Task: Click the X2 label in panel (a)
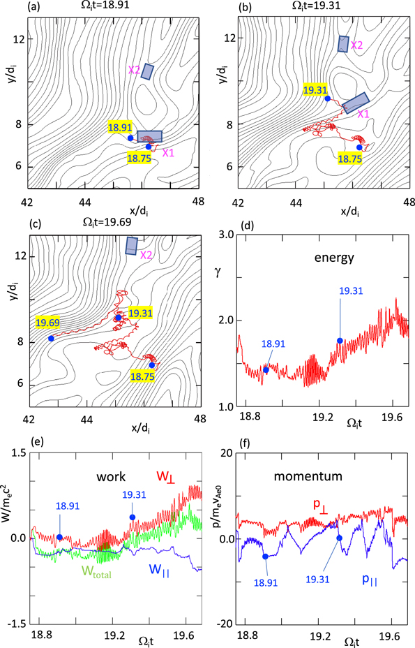click(x=134, y=71)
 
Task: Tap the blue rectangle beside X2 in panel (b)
click(x=343, y=44)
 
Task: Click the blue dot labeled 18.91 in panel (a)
click(x=130, y=138)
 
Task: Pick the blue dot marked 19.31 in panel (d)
click(x=340, y=341)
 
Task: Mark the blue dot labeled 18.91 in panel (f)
click(x=265, y=557)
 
